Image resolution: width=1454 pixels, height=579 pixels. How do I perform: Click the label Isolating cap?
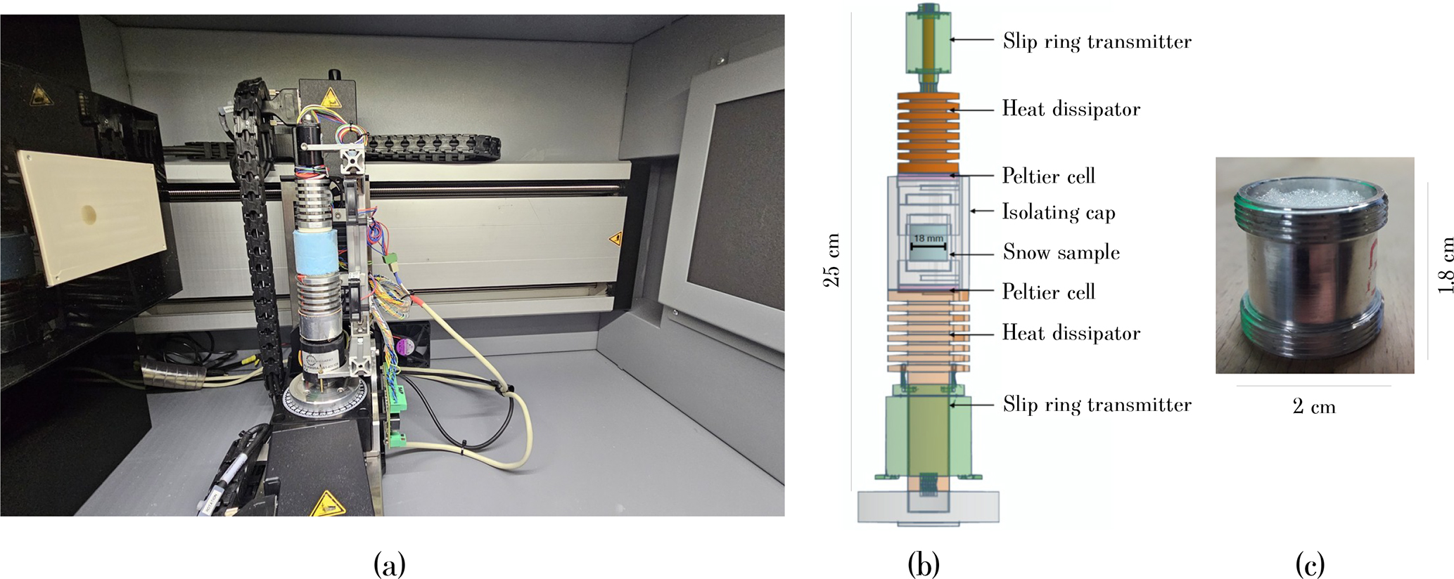pyautogui.click(x=1058, y=212)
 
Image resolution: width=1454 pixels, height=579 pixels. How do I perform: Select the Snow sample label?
pyautogui.click(x=1061, y=252)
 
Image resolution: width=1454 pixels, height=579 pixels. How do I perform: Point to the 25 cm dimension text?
pyautogui.click(x=831, y=260)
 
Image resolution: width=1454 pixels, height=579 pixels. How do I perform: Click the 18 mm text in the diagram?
pyautogui.click(x=929, y=238)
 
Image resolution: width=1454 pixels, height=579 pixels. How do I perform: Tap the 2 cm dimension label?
pyautogui.click(x=1313, y=407)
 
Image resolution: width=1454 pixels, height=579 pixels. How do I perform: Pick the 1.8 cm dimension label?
pyautogui.click(x=1445, y=266)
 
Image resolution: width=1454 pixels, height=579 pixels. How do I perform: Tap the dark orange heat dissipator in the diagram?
pyautogui.click(x=926, y=134)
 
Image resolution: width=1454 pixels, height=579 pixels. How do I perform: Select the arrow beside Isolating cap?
pyautogui.click(x=982, y=211)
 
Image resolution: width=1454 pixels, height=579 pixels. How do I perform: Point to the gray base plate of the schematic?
pyautogui.click(x=928, y=506)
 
